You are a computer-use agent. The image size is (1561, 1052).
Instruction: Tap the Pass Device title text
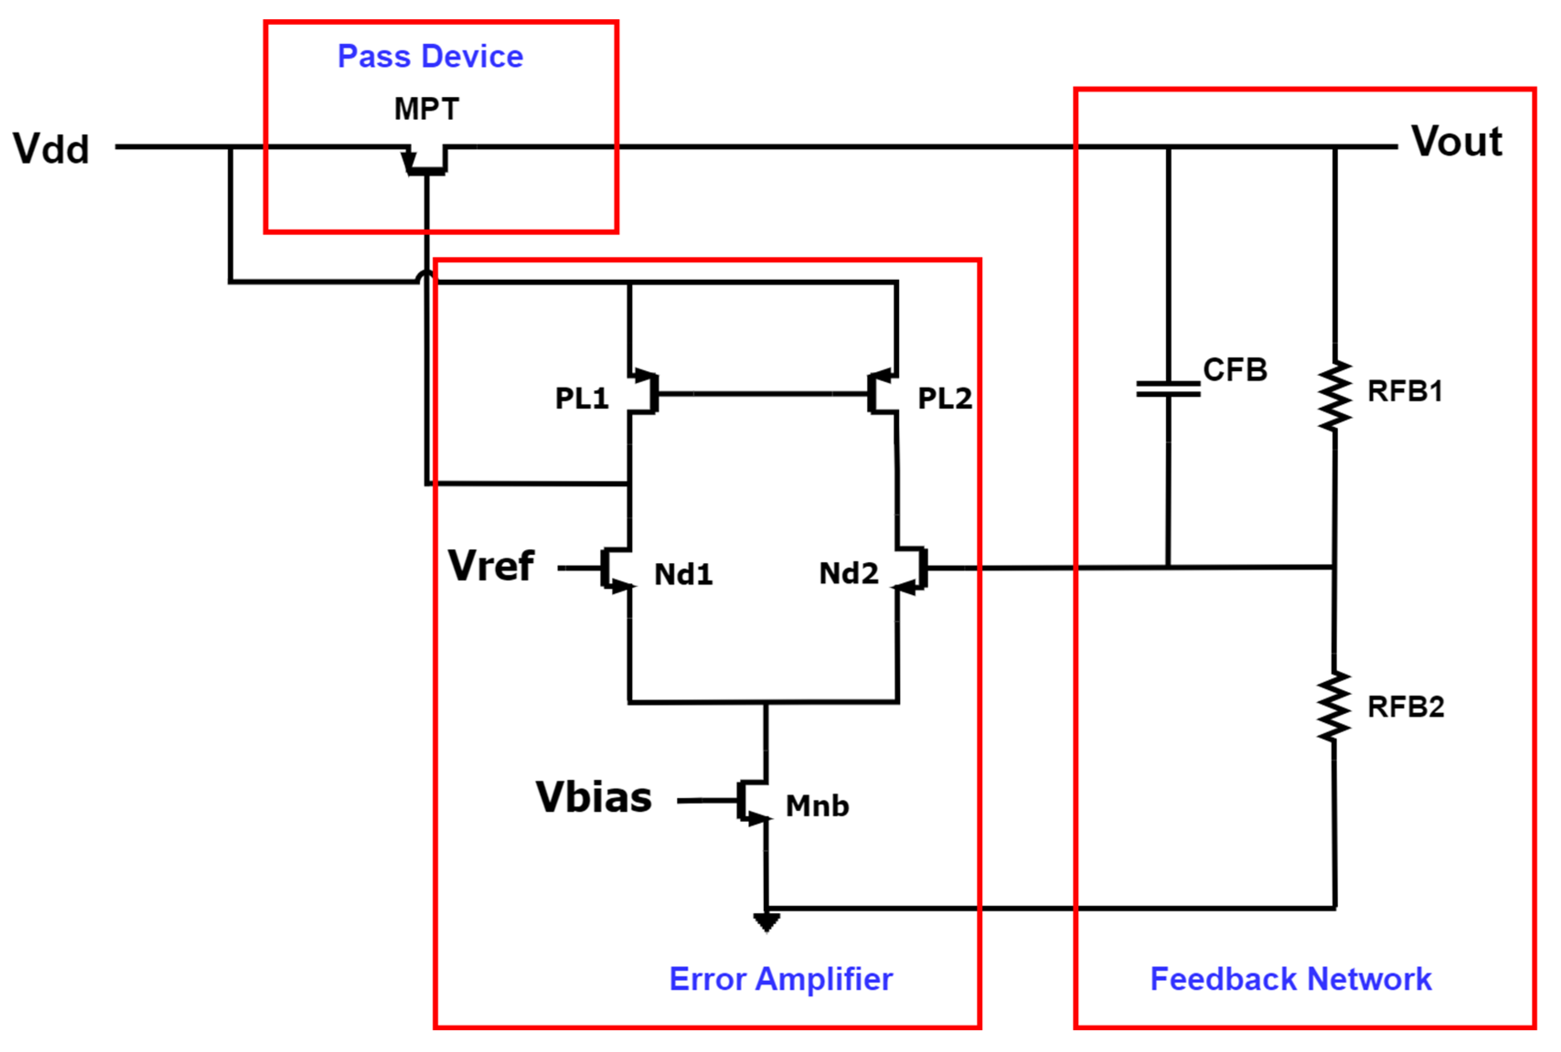click(x=430, y=56)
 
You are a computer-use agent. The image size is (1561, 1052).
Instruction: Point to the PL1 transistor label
click(x=581, y=398)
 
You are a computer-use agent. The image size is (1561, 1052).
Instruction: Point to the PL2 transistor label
click(x=944, y=398)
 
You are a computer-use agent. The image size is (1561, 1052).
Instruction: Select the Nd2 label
click(x=848, y=574)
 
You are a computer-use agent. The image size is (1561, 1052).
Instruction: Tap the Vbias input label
click(x=593, y=798)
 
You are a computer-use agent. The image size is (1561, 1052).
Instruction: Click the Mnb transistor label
click(x=817, y=806)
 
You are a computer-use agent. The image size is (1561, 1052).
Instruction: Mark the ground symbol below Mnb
click(x=766, y=922)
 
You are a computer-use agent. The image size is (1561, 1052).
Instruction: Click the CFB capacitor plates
click(x=1168, y=389)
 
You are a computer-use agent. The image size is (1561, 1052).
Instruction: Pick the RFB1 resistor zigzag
click(x=1334, y=396)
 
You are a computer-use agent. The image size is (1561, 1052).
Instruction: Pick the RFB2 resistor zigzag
click(x=1333, y=707)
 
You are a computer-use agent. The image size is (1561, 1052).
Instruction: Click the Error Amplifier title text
click(x=781, y=979)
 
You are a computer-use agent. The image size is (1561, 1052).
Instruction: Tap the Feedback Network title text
click(x=1290, y=979)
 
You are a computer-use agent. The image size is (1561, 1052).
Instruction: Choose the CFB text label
click(x=1235, y=370)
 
